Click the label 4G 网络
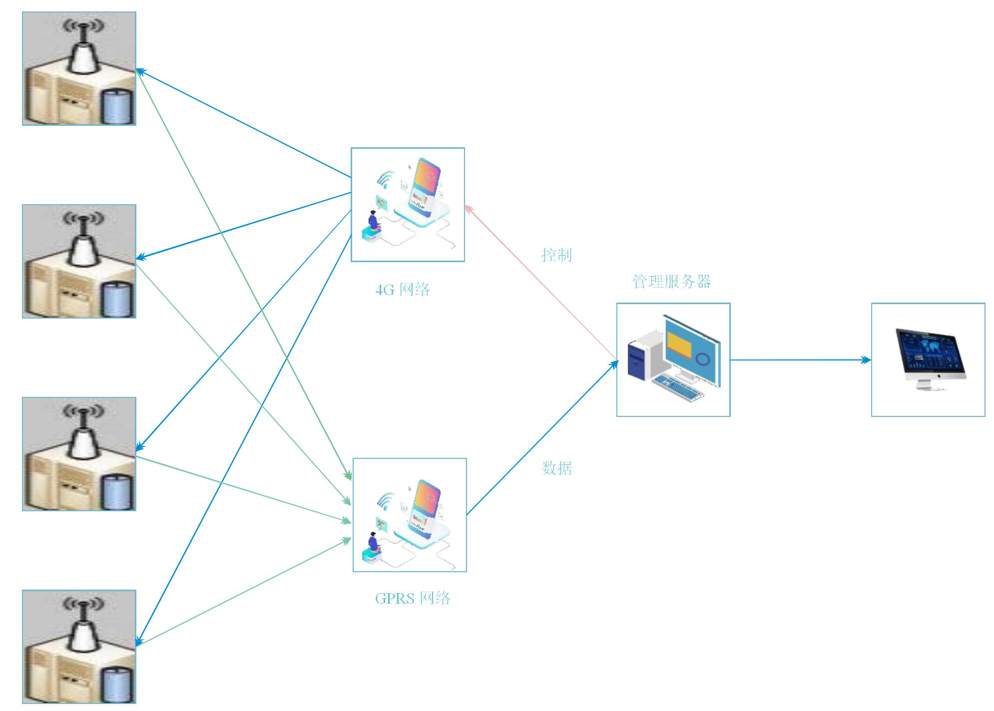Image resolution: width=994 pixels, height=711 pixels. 402,290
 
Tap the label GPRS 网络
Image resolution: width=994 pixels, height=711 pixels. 413,598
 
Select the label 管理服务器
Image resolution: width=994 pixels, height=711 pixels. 671,282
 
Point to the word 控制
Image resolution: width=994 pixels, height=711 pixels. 556,255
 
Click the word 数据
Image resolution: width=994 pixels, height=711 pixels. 556,468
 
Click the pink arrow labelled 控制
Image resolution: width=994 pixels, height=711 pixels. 539,282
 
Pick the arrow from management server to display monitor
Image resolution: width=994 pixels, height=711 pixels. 799,359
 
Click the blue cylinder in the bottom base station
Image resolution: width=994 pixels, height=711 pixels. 118,684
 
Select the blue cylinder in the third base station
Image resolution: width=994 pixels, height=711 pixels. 118,491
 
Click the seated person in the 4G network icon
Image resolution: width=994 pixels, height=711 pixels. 373,222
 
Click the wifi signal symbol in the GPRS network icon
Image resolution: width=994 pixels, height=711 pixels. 385,500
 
